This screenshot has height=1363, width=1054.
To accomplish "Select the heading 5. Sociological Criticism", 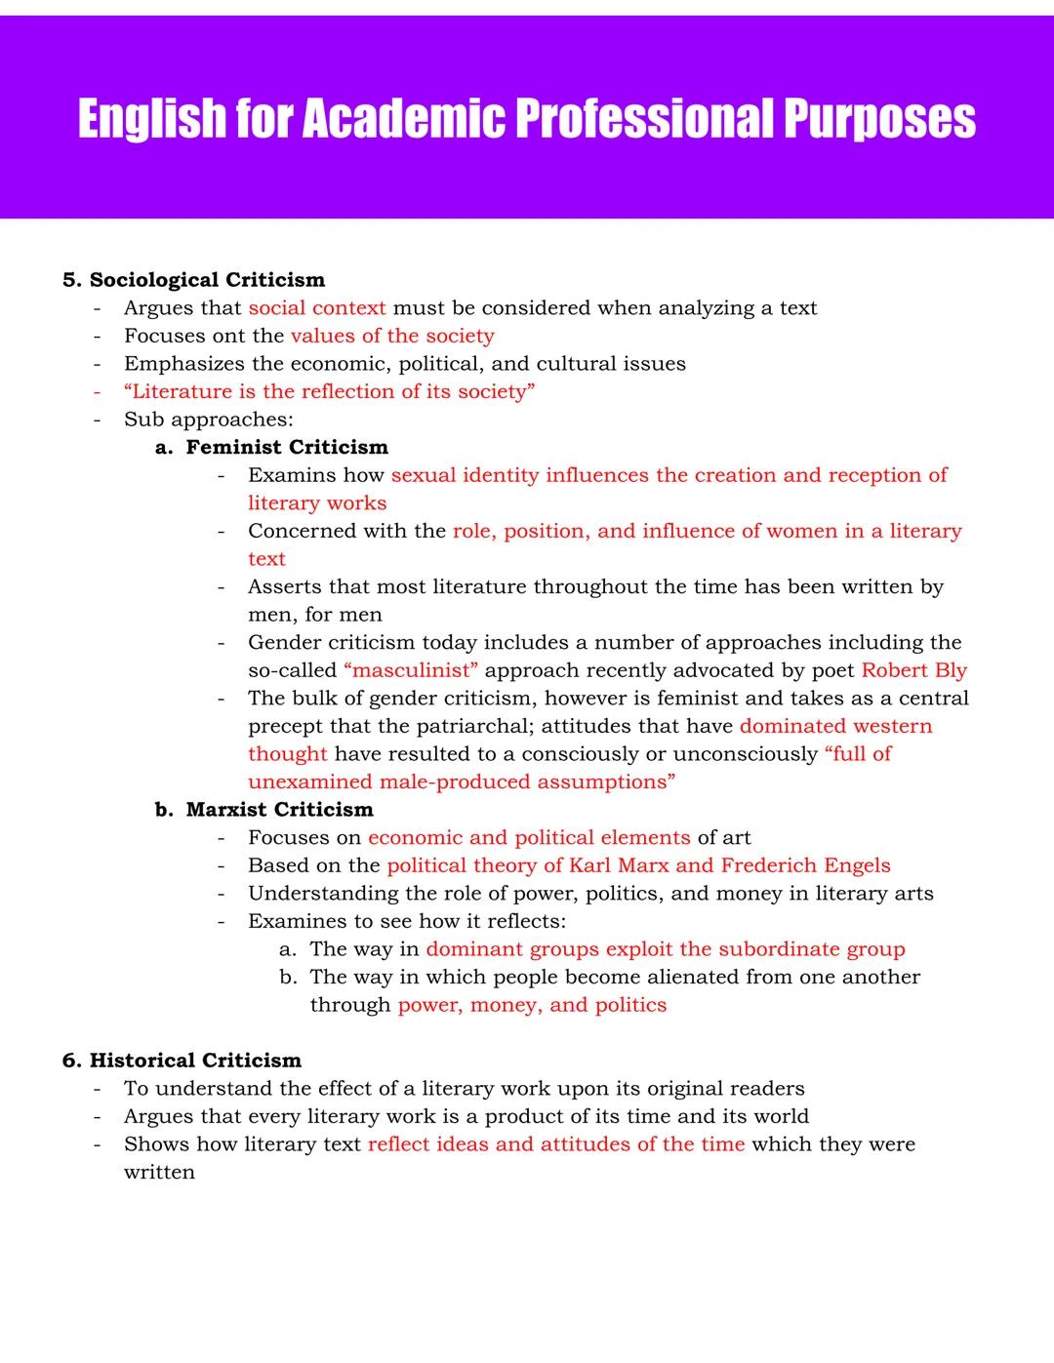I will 193,280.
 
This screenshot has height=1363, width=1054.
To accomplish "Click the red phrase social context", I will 317,308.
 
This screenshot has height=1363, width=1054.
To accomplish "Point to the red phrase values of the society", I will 392,336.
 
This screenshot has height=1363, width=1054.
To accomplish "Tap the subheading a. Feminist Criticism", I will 271,447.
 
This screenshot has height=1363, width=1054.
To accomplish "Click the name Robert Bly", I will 913,670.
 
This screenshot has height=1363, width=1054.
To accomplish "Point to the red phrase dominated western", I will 835,726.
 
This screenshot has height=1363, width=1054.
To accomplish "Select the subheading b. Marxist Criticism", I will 263,810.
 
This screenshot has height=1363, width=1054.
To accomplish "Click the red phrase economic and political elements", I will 529,837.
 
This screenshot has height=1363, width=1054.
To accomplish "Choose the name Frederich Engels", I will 805,865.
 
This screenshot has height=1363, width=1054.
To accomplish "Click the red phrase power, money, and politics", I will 532,1005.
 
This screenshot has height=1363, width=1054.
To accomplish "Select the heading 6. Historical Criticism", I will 182,1061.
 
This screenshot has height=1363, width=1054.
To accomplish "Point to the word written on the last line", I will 159,1172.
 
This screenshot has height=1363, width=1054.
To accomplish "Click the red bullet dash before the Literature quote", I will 98,391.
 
